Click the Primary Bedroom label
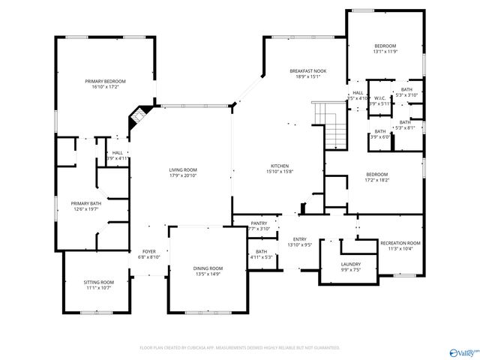(105, 81)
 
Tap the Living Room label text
(182, 170)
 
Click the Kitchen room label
(280, 166)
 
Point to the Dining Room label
(208, 268)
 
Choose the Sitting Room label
(98, 282)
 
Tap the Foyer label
(149, 251)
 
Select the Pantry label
(259, 223)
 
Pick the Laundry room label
(350, 264)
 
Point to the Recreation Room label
(400, 243)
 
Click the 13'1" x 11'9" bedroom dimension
(385, 52)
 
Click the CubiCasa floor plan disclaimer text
(240, 348)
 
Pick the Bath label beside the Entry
(261, 252)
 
